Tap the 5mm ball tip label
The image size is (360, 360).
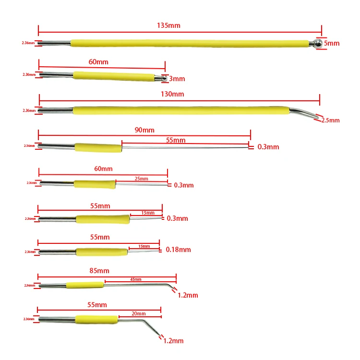point(331,43)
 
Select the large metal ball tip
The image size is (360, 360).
point(317,44)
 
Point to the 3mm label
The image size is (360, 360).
point(177,79)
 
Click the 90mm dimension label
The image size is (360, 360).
point(144,130)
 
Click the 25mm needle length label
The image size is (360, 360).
point(141,179)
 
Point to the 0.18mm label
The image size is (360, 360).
point(178,250)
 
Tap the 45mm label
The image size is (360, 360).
point(136,279)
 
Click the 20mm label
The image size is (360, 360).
point(138,313)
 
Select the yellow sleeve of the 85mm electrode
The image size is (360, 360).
point(84,285)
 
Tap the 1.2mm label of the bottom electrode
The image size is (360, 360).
point(174,341)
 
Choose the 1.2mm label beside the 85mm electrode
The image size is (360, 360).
point(188,295)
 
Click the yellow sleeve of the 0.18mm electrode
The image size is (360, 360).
point(102,252)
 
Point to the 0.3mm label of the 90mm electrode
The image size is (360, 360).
point(268,147)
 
